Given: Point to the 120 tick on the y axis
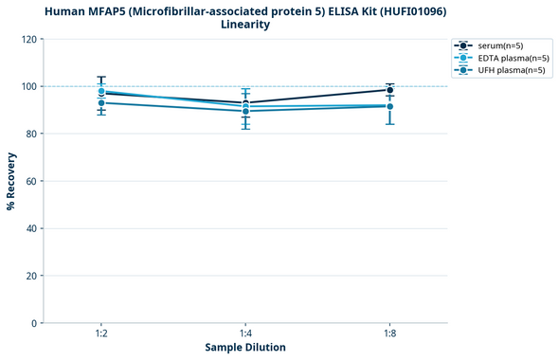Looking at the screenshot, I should (x=28, y=39).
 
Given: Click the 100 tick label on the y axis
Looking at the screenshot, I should (x=28, y=86).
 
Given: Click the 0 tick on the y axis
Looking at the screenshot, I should (x=34, y=323).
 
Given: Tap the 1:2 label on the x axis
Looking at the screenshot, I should (x=101, y=333).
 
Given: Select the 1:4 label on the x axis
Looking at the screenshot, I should (x=245, y=333).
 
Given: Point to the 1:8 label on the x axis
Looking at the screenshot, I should (x=389, y=333).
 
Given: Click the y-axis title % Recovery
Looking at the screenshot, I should (x=11, y=181).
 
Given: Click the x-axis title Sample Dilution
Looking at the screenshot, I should (x=245, y=348).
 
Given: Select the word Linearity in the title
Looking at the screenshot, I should (x=245, y=25).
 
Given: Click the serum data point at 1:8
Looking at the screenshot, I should (x=389, y=90).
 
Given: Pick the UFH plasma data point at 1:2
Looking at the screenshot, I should (x=101, y=102).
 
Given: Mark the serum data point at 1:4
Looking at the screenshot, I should (x=245, y=103).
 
